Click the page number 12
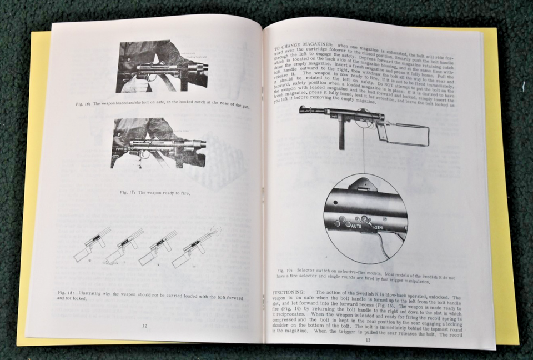(x=144, y=326)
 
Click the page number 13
(x=367, y=339)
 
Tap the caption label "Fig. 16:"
(x=84, y=103)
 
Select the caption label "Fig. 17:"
(x=128, y=192)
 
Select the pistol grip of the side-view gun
(x=383, y=133)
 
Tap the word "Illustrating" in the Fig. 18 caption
(x=94, y=292)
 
